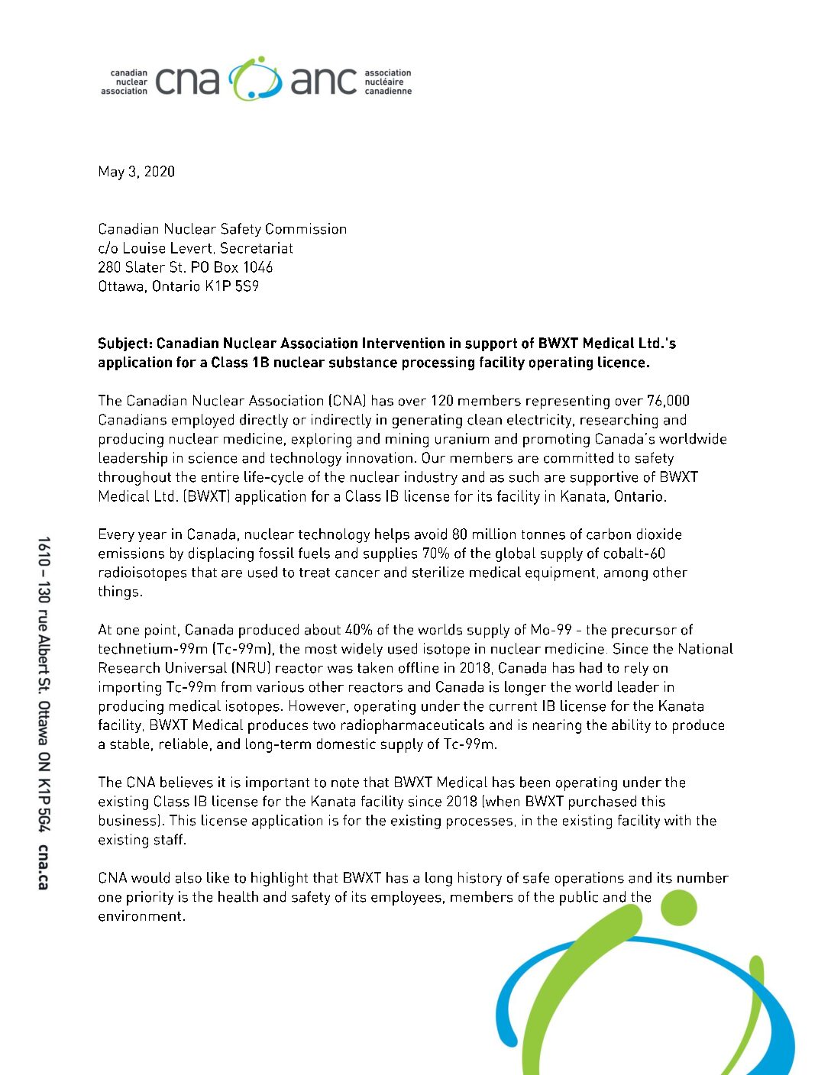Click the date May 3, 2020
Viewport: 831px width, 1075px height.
(136, 172)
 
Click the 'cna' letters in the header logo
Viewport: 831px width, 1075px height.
(186, 81)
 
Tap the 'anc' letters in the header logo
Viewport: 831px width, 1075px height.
(323, 81)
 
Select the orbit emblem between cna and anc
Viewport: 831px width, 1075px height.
(255, 79)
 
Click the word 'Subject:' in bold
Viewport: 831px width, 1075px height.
(125, 344)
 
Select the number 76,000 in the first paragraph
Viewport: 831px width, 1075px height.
(668, 401)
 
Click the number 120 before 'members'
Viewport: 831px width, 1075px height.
(442, 401)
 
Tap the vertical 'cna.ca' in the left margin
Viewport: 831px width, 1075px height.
(44, 867)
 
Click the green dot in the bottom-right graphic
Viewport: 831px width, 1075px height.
(677, 907)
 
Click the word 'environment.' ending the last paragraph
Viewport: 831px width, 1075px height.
(141, 916)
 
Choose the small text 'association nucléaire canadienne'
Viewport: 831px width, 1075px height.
(387, 82)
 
